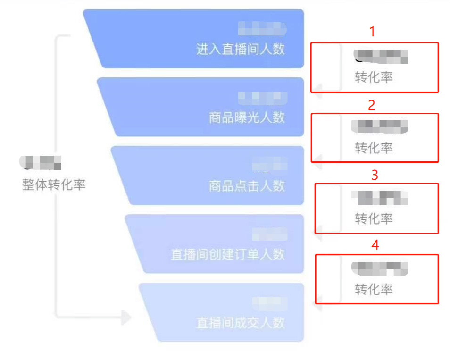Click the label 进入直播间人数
tap(241, 49)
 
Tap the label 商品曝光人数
tap(247, 117)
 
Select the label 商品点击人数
tap(247, 186)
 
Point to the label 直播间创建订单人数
tap(228, 254)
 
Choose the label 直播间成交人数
tap(241, 323)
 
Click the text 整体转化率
tap(54, 185)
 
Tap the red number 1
tap(373, 32)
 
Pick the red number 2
tap(372, 105)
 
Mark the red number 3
tap(375, 175)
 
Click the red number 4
tap(375, 245)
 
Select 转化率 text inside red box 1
tap(374, 77)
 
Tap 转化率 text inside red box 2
tap(374, 148)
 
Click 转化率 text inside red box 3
tap(374, 218)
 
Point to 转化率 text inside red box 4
tap(374, 289)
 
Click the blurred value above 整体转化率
tap(41, 163)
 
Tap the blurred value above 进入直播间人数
tap(262, 29)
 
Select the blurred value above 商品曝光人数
tap(262, 98)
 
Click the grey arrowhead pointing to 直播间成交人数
tap(125, 318)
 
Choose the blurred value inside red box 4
tap(380, 268)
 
